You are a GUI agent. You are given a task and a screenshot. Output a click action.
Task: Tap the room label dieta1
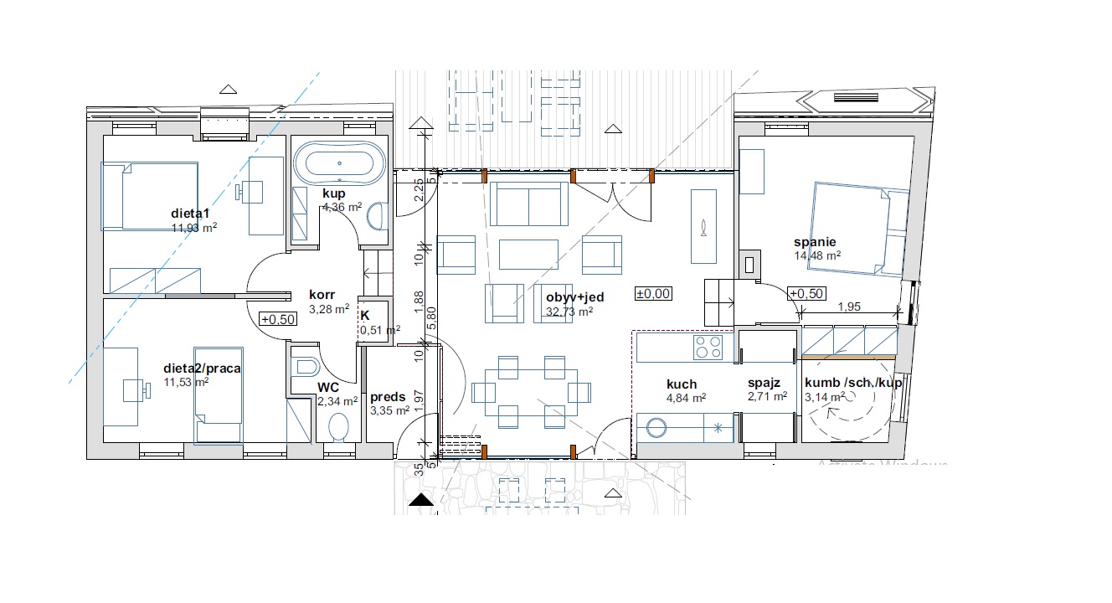pyautogui.click(x=190, y=214)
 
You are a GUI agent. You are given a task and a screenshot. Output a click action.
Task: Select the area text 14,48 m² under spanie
pyautogui.click(x=817, y=255)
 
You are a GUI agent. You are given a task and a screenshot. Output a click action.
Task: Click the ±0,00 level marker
pyautogui.click(x=653, y=294)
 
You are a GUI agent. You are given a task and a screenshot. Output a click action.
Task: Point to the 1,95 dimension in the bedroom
pyautogui.click(x=849, y=307)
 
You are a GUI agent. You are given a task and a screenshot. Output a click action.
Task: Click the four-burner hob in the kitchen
pyautogui.click(x=708, y=348)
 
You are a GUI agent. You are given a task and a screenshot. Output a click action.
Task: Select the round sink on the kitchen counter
pyautogui.click(x=656, y=427)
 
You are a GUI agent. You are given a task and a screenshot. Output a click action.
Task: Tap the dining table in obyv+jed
pyautogui.click(x=531, y=393)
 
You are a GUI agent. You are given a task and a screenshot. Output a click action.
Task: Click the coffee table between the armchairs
pyautogui.click(x=528, y=255)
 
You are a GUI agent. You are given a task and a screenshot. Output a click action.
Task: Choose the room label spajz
pyautogui.click(x=764, y=383)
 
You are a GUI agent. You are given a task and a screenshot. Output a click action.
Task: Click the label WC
pyautogui.click(x=328, y=388)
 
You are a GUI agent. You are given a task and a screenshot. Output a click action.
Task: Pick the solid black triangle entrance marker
pyautogui.click(x=421, y=500)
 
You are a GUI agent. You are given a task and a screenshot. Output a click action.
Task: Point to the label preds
pyautogui.click(x=388, y=397)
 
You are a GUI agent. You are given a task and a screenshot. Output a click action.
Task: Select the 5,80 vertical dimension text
pyautogui.click(x=431, y=318)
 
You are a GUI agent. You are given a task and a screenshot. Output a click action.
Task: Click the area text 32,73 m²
pyautogui.click(x=569, y=312)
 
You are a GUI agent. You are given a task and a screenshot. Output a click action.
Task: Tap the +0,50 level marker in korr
pyautogui.click(x=278, y=319)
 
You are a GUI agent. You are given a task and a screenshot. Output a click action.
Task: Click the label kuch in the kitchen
pyautogui.click(x=682, y=384)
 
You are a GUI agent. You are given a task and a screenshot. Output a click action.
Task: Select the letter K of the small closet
pyautogui.click(x=365, y=316)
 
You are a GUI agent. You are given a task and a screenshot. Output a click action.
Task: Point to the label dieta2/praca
pyautogui.click(x=202, y=368)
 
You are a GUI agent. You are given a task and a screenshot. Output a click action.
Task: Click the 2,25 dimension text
pyautogui.click(x=419, y=190)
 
